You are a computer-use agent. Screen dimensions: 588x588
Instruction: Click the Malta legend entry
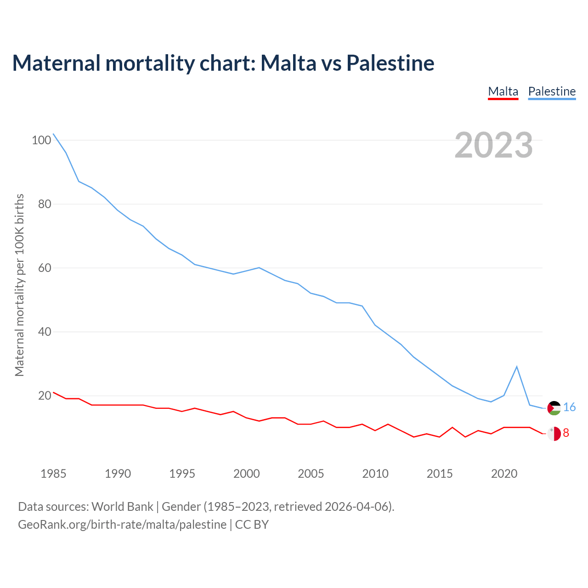[503, 91]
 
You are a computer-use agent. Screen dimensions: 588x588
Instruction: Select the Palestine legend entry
[552, 91]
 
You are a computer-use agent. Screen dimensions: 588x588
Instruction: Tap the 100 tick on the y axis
[41, 140]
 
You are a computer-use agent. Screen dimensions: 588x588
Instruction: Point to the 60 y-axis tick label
[44, 268]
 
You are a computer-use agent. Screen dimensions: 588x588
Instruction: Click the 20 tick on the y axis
[44, 396]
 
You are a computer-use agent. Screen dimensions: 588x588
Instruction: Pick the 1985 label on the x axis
[53, 474]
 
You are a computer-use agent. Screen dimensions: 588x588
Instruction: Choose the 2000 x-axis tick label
[247, 474]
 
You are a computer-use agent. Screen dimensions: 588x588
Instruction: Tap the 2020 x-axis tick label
[504, 474]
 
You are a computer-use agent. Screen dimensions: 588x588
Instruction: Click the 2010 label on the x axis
[375, 474]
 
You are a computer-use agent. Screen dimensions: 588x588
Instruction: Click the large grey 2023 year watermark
[493, 145]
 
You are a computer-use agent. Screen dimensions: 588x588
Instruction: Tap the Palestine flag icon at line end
[554, 408]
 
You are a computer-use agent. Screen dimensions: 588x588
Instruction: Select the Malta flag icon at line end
[554, 433]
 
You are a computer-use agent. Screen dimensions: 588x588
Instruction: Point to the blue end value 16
[569, 407]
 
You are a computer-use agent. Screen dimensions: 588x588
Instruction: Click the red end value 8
[566, 433]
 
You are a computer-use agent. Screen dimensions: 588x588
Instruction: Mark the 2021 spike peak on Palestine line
[517, 367]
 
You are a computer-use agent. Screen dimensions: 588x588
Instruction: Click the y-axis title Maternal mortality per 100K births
[19, 285]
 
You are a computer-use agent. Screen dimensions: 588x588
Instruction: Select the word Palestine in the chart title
[390, 63]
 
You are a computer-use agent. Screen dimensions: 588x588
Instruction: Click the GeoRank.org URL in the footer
[122, 525]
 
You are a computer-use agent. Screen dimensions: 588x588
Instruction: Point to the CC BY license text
[252, 525]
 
